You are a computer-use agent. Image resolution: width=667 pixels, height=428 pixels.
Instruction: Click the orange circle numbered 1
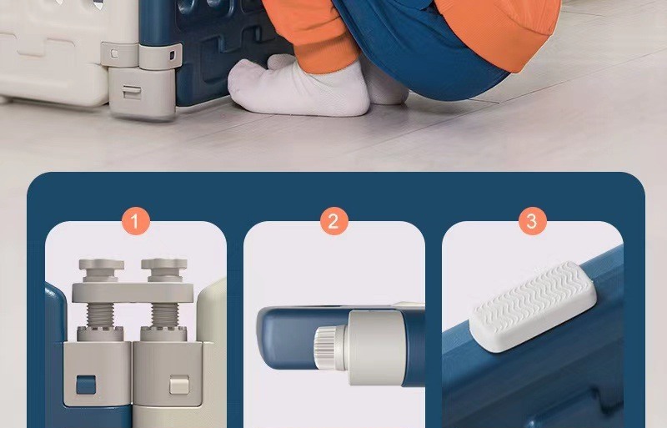point(136,221)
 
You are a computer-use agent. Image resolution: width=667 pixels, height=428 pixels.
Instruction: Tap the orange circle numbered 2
point(334,221)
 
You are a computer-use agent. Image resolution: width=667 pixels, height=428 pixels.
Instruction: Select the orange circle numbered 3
point(533,221)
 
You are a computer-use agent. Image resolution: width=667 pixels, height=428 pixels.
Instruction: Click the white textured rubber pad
point(533,306)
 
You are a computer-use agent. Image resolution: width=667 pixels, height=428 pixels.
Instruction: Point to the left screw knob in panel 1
point(101,269)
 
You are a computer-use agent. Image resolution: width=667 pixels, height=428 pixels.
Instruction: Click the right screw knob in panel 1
point(164,269)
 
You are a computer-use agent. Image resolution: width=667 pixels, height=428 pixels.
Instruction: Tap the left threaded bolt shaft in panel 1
point(100,315)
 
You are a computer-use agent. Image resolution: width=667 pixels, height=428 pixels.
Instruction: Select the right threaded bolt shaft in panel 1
point(164,315)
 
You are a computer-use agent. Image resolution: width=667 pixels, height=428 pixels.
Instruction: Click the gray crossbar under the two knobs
point(133,292)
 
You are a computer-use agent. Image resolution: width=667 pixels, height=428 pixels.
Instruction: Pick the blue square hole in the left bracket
point(86,385)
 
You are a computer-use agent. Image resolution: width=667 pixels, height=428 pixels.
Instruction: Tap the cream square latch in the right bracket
point(179,385)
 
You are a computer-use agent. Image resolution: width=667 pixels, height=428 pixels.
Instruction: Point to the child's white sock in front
point(298,88)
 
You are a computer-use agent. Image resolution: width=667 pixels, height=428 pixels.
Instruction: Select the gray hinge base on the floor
point(142,93)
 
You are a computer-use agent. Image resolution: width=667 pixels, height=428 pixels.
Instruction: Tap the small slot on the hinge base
point(132,92)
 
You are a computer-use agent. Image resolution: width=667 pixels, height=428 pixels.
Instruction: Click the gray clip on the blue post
point(160,56)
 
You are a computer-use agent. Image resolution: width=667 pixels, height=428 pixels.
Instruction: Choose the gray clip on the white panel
point(119,54)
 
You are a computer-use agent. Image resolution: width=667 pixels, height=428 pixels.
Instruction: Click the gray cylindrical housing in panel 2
point(374,347)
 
